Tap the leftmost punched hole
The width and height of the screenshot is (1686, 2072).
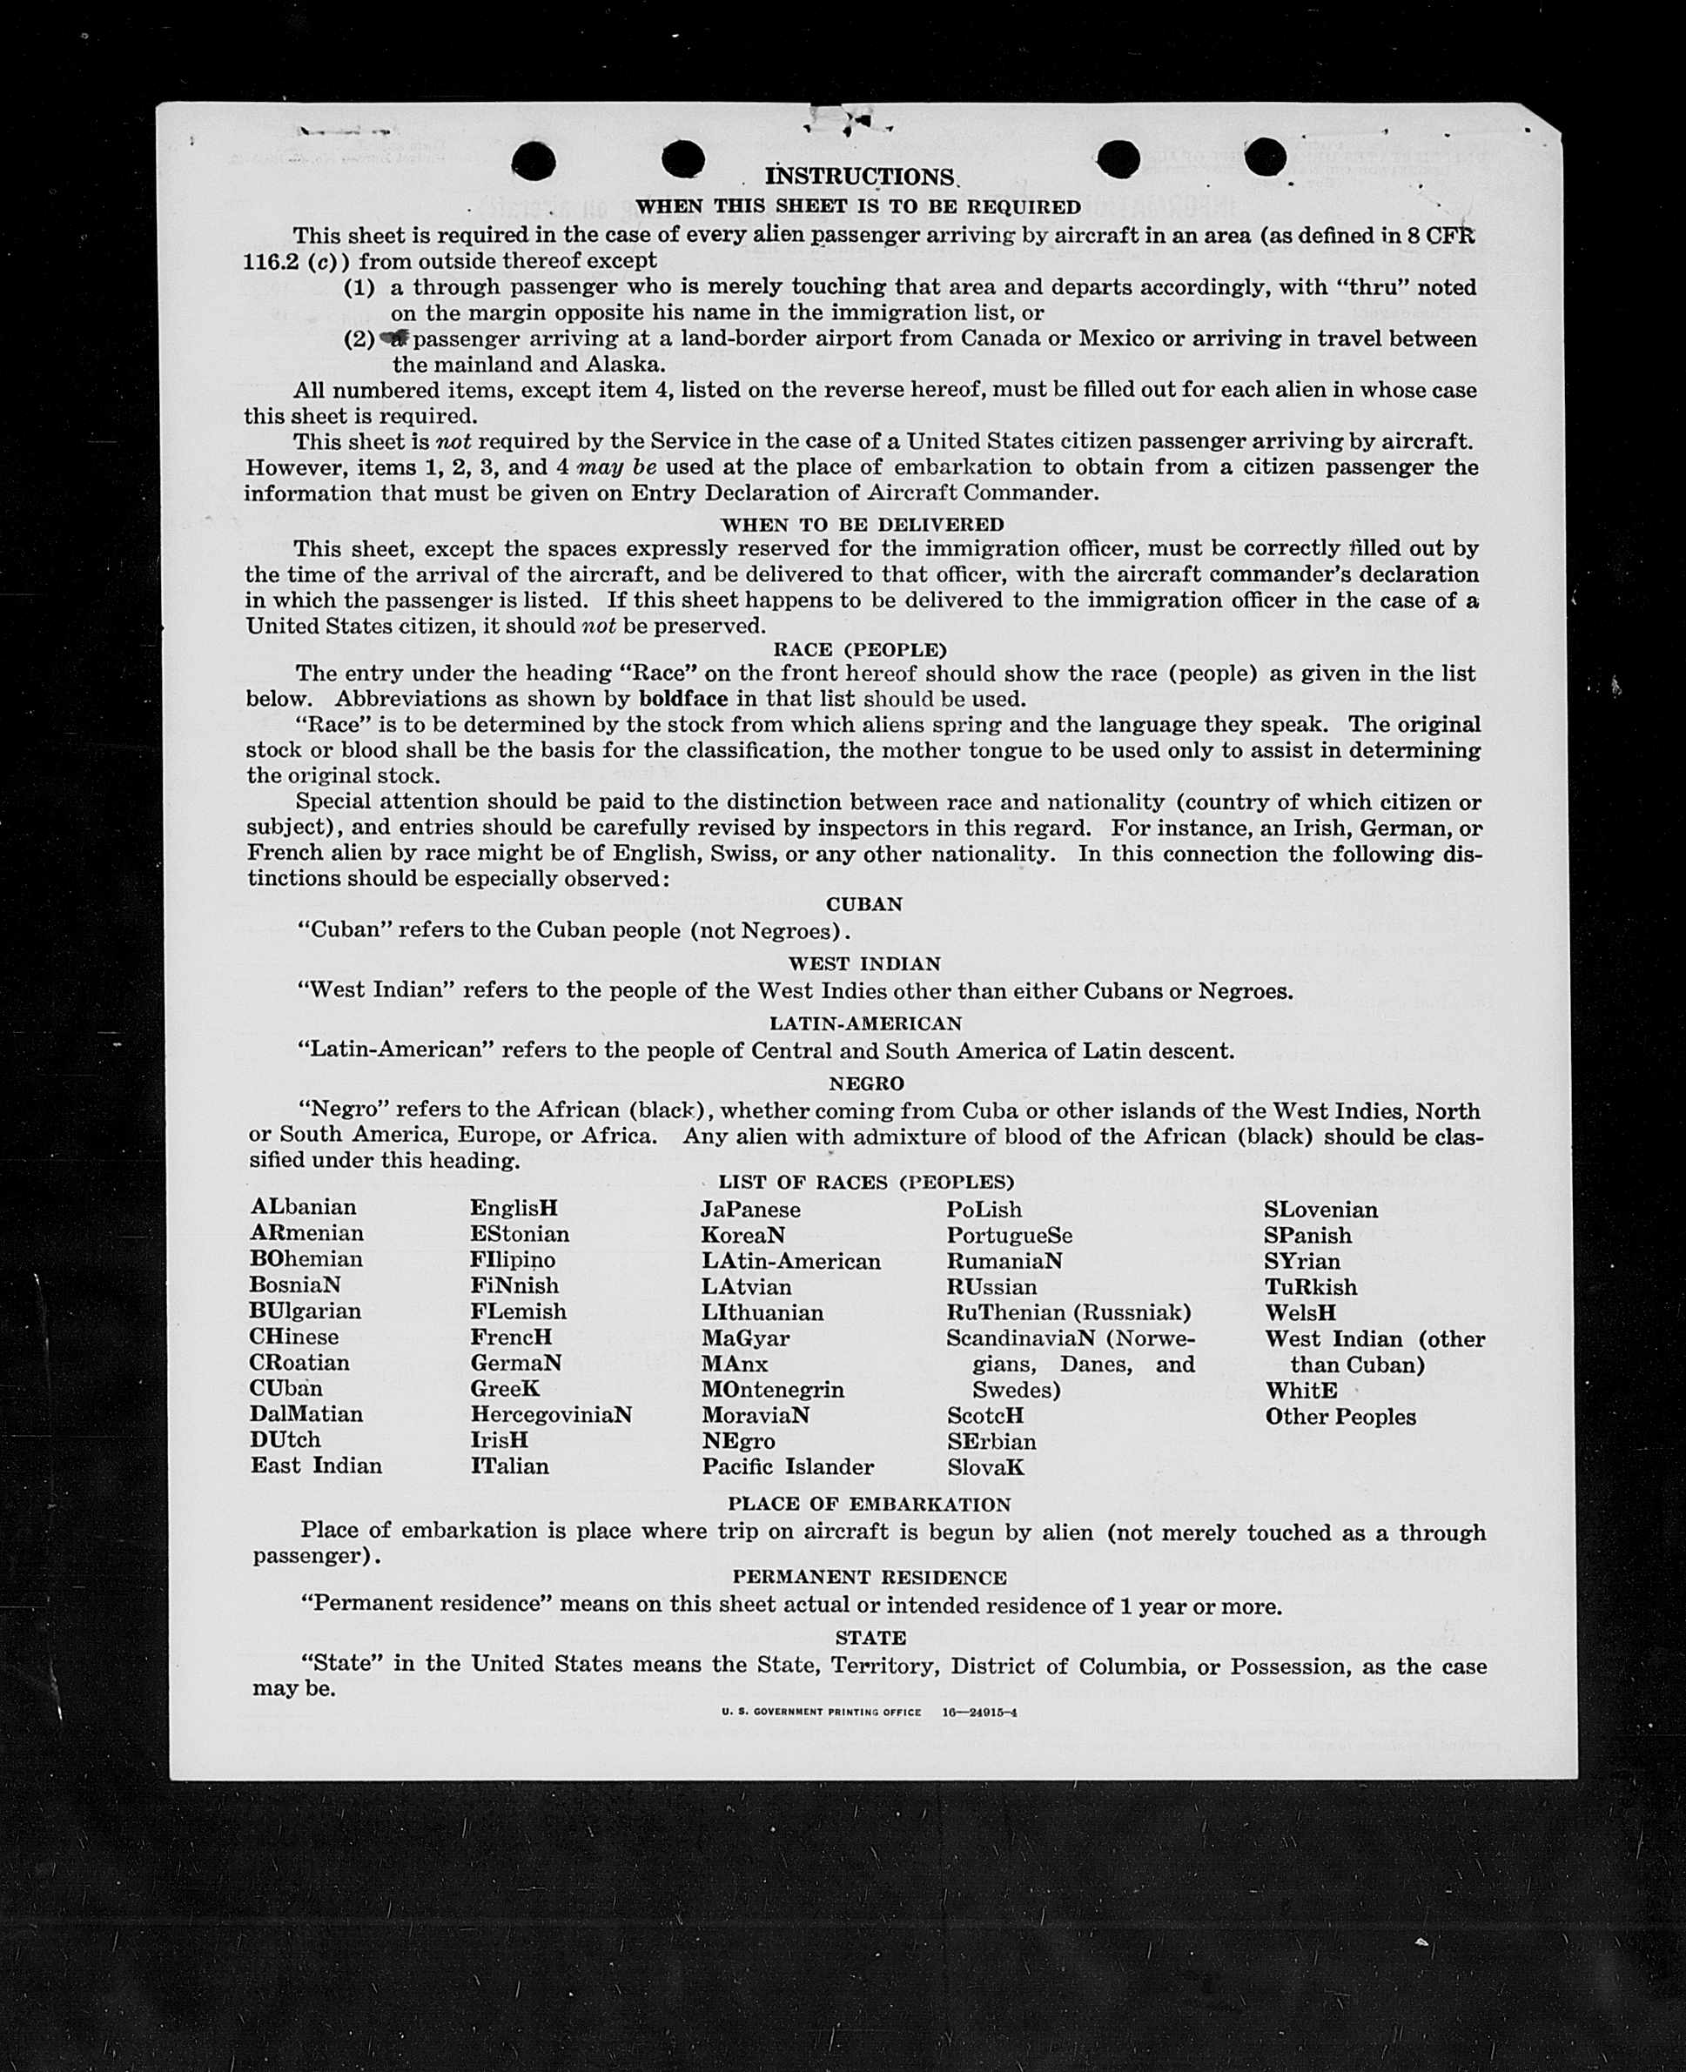coord(534,161)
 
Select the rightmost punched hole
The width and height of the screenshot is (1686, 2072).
coord(1265,157)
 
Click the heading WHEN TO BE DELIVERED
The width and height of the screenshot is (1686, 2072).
coord(863,525)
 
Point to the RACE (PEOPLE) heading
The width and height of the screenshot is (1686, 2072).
coord(859,649)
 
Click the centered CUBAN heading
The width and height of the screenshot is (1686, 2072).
coord(864,904)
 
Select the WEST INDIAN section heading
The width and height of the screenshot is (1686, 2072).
coord(864,964)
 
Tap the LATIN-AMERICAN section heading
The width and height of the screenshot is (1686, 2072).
coord(865,1023)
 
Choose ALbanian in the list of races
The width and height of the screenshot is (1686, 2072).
coord(303,1207)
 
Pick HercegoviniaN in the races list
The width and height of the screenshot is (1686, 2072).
coord(551,1415)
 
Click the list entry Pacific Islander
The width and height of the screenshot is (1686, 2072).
coord(788,1466)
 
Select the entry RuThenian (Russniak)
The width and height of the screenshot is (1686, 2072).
coord(1068,1312)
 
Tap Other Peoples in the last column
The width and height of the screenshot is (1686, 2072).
coord(1340,1417)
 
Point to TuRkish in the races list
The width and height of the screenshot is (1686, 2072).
coord(1310,1287)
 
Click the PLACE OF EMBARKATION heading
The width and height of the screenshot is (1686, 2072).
coord(870,1504)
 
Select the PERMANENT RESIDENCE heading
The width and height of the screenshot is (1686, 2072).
coord(870,1578)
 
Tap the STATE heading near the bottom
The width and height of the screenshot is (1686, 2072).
coord(870,1638)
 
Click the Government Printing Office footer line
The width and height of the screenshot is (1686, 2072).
coord(869,1712)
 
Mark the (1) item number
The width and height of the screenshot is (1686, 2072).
coord(359,287)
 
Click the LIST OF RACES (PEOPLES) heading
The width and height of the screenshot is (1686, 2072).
coord(865,1182)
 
